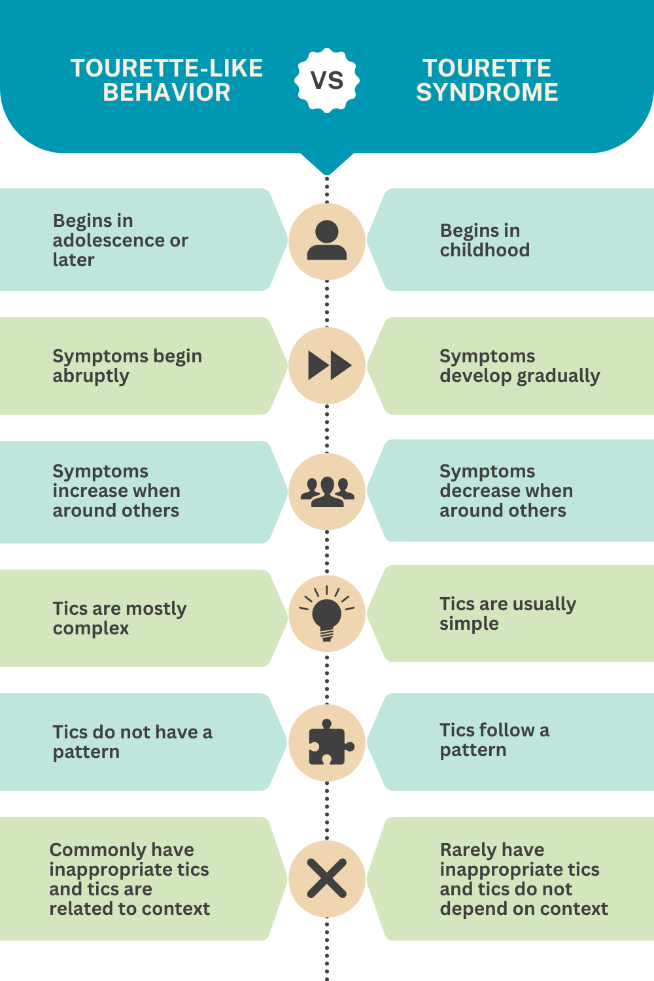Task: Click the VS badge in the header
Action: click(x=327, y=80)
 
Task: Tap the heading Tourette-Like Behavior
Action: click(x=167, y=80)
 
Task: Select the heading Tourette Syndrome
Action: click(x=487, y=80)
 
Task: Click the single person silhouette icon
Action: click(x=327, y=241)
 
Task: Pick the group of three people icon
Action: click(x=327, y=491)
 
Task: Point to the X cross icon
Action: click(x=327, y=878)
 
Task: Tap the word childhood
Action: click(x=485, y=250)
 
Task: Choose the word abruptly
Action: click(x=91, y=376)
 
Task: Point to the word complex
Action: click(x=91, y=628)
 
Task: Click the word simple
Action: click(x=469, y=624)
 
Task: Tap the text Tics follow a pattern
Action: click(x=494, y=740)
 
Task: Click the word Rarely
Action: click(x=464, y=850)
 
